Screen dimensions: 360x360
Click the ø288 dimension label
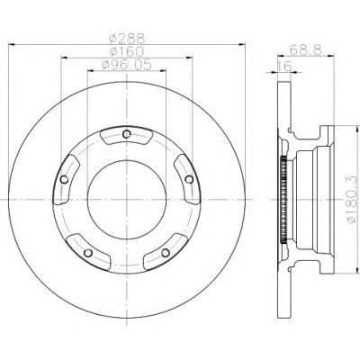click(127, 39)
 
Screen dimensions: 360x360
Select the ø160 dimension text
click(127, 51)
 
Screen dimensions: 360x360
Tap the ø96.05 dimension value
click(127, 65)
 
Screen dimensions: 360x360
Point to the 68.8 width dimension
click(305, 49)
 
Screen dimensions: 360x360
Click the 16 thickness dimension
click(283, 67)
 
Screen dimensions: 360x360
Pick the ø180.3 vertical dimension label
click(352, 200)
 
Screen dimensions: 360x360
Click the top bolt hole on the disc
click(127, 134)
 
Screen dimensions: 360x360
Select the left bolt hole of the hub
click(64, 180)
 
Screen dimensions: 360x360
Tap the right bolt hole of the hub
click(189, 179)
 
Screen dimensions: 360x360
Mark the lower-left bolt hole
click(88, 253)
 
